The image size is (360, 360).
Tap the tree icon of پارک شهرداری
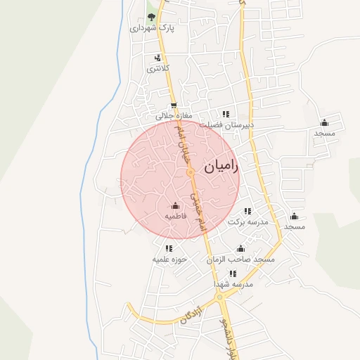(x=152, y=17)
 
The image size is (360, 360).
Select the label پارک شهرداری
(x=151, y=28)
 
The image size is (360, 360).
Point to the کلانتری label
(x=154, y=69)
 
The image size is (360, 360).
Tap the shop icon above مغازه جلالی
(x=174, y=106)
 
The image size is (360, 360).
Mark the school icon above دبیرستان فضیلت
(x=226, y=114)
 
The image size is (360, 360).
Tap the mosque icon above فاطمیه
(x=175, y=206)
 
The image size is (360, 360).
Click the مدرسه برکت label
(x=248, y=221)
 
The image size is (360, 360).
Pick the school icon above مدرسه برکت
(x=247, y=211)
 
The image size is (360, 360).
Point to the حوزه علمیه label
(x=169, y=259)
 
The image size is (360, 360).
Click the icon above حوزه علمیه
(x=169, y=248)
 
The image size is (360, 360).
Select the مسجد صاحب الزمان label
(x=240, y=259)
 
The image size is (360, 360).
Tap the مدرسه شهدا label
(x=233, y=284)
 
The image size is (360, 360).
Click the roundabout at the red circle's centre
(x=191, y=172)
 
